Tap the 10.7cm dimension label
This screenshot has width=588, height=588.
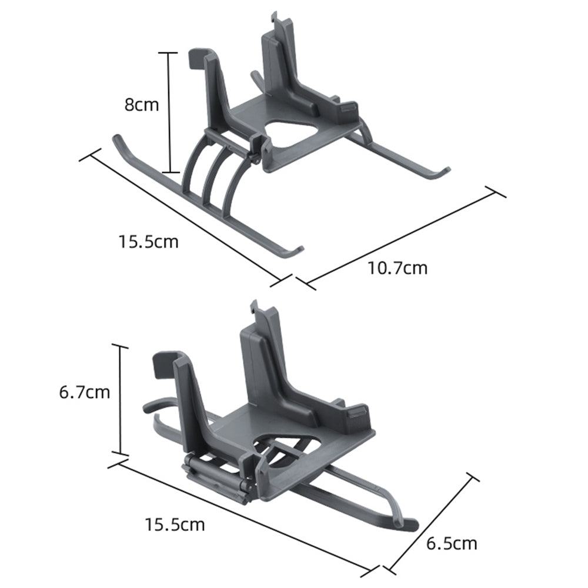coord(397,268)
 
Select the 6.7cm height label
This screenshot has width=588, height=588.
coord(85,392)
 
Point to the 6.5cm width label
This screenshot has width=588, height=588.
coord(452,543)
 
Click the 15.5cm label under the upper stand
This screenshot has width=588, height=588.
coord(148,241)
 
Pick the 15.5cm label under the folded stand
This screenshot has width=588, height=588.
coord(175,524)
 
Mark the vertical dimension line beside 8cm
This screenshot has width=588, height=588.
coord(169,112)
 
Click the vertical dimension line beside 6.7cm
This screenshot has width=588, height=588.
coord(121,400)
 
